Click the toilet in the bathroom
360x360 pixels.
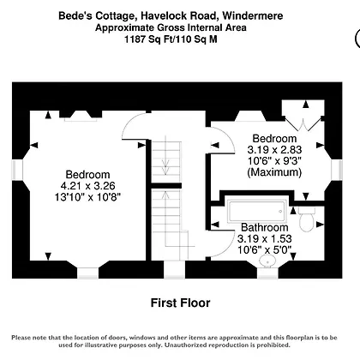307,219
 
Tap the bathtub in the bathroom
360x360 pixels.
257,212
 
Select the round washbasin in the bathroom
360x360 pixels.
268,261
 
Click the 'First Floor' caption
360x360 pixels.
180,303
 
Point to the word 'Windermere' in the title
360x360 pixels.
253,15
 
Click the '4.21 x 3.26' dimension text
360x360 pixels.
88,186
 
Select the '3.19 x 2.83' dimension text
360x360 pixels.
274,150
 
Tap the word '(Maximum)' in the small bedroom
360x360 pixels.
274,172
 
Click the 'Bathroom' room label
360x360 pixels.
265,227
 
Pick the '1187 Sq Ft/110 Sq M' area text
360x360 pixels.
171,39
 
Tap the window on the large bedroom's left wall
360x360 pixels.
17,171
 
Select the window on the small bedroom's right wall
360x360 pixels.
337,171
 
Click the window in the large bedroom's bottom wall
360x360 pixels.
88,273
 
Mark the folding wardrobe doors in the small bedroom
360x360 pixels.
303,123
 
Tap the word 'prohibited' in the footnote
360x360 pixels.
273,345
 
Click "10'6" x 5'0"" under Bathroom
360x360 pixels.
265,250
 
